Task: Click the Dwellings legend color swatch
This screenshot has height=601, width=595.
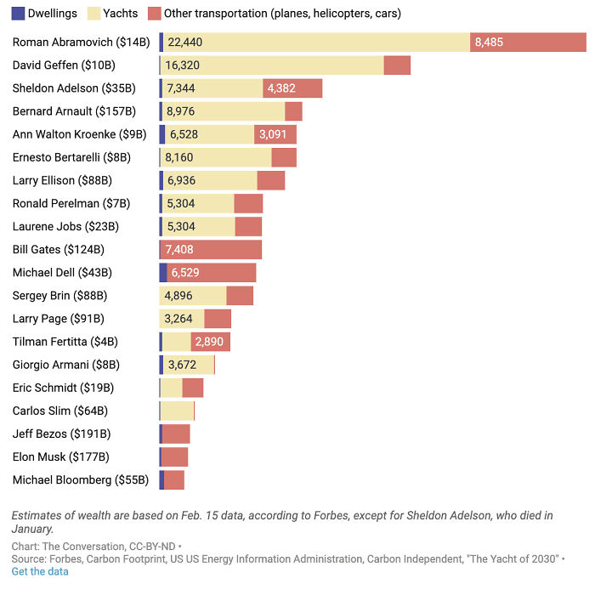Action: [x=17, y=14]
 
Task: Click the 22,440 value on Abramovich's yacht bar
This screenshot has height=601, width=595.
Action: [x=185, y=43]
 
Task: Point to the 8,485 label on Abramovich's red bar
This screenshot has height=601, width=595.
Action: [x=489, y=43]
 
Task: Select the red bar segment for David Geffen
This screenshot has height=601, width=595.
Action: [x=397, y=65]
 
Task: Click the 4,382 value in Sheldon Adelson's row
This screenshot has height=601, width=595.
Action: [x=280, y=88]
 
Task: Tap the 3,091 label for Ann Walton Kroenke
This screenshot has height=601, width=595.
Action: [x=273, y=134]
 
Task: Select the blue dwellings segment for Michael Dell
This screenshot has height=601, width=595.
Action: [x=163, y=273]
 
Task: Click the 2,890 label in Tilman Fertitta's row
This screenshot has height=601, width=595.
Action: [x=209, y=342]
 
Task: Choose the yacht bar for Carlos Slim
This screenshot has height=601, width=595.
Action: [x=177, y=411]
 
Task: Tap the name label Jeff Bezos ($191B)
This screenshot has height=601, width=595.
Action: [x=62, y=434]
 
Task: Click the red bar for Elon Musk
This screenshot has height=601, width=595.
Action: [x=174, y=456]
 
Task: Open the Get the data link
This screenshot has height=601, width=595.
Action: [x=40, y=572]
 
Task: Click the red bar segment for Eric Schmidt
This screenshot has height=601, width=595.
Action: [x=193, y=388]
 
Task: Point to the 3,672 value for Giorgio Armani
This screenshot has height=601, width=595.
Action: [x=182, y=365]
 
